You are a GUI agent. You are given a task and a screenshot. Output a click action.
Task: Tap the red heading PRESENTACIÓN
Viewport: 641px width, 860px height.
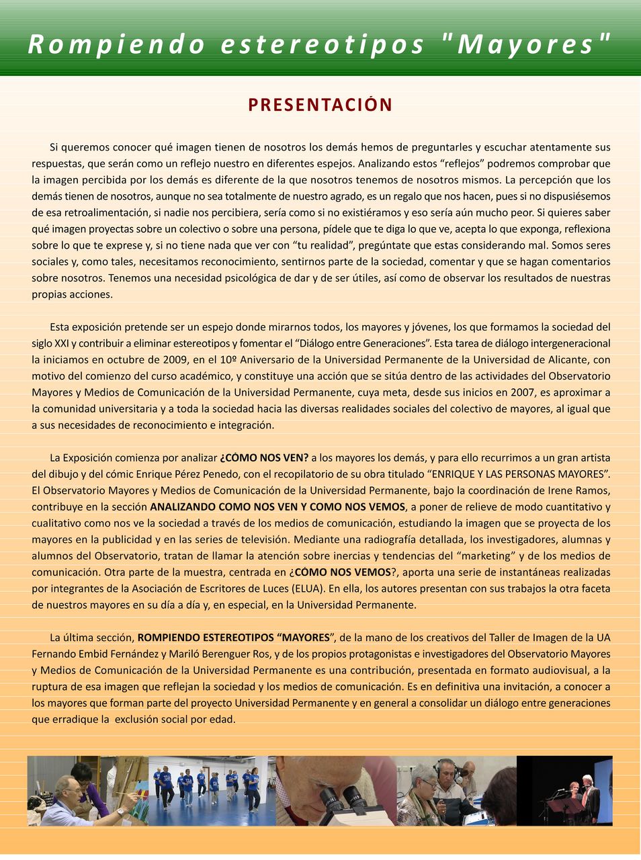point(320,105)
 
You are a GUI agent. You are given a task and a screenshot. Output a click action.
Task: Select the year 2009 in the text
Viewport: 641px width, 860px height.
point(175,359)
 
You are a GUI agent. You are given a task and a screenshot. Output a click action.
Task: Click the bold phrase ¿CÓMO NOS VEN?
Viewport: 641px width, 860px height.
point(264,458)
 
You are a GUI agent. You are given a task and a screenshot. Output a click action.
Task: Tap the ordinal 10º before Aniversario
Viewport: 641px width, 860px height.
point(230,359)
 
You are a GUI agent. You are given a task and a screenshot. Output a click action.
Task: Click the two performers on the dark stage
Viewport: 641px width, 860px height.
point(579,793)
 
